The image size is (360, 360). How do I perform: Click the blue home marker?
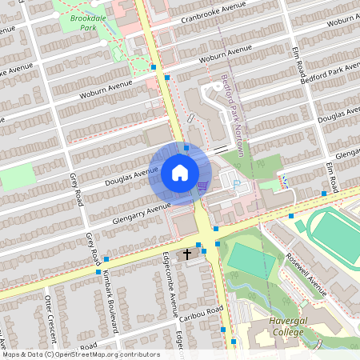point(179,173)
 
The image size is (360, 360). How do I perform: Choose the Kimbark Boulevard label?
point(111,301)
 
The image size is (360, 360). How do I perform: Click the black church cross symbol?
point(188,254)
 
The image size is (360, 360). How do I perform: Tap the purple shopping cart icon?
point(202,186)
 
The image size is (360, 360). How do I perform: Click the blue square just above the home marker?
point(186,147)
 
